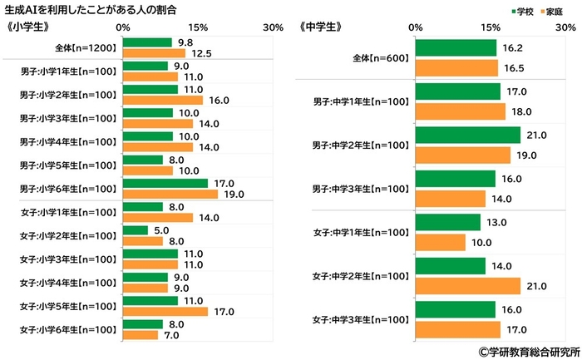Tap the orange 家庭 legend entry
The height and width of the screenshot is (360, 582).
pos(544,11)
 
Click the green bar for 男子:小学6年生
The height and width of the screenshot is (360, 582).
pos(165,183)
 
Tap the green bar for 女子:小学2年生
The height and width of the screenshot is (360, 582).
pos(135,230)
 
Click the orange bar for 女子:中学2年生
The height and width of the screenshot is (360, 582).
pos(466,285)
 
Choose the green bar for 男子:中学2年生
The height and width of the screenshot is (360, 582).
pos(466,135)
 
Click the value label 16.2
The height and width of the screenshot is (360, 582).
pos(509,48)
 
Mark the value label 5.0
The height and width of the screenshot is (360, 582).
pos(162,230)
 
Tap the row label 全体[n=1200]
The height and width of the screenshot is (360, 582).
pos(79,47)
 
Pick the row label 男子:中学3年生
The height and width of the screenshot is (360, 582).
pos(361,188)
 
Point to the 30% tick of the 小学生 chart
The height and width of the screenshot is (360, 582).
pos(273,27)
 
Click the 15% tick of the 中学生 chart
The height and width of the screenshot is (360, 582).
pos(489,27)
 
